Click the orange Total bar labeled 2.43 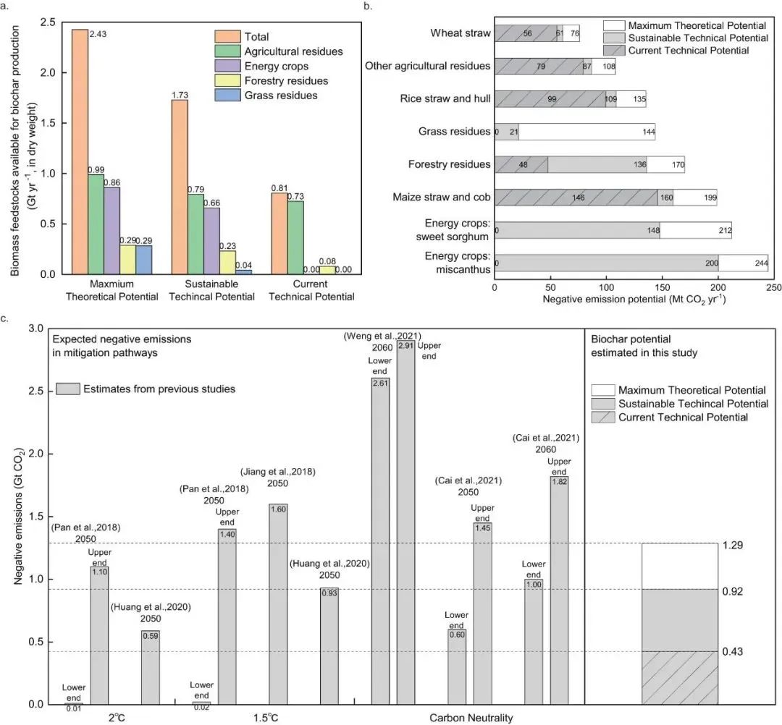click(79, 152)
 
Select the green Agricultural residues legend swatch click(227, 51)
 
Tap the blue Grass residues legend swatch click(227, 96)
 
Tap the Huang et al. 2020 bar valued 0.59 click(151, 666)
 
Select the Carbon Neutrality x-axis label click(471, 718)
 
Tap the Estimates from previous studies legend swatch click(71, 389)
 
